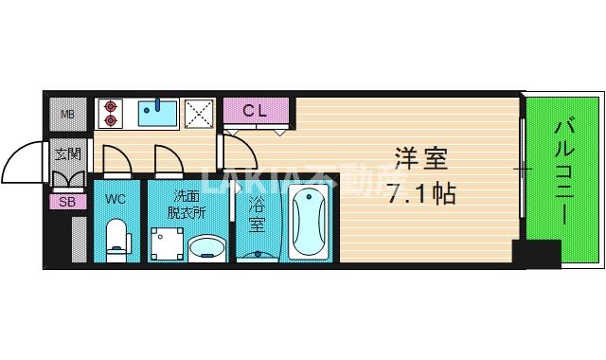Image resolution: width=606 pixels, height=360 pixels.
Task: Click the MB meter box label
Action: pos(67,116)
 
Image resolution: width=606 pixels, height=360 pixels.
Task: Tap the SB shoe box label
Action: pos(66,201)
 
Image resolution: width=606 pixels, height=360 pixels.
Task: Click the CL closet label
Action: pos(256,111)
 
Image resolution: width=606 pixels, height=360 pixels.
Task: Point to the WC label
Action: pos(116,199)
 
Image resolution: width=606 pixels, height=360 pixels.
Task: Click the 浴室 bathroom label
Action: pos(257,214)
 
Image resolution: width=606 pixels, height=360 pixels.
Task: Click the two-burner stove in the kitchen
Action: pos(111,113)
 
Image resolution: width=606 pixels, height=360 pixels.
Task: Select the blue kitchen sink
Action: pos(157,113)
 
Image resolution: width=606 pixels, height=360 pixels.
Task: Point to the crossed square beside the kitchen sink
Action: pos(200,113)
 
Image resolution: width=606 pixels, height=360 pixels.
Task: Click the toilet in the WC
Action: pos(116,237)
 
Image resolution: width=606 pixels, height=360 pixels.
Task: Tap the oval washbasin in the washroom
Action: pos(206,248)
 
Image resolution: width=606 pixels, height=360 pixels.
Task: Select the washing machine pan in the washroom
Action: pos(168,243)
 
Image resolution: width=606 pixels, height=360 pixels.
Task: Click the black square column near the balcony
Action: pos(535,255)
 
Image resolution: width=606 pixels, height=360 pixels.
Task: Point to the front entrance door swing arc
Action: pos(24,163)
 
